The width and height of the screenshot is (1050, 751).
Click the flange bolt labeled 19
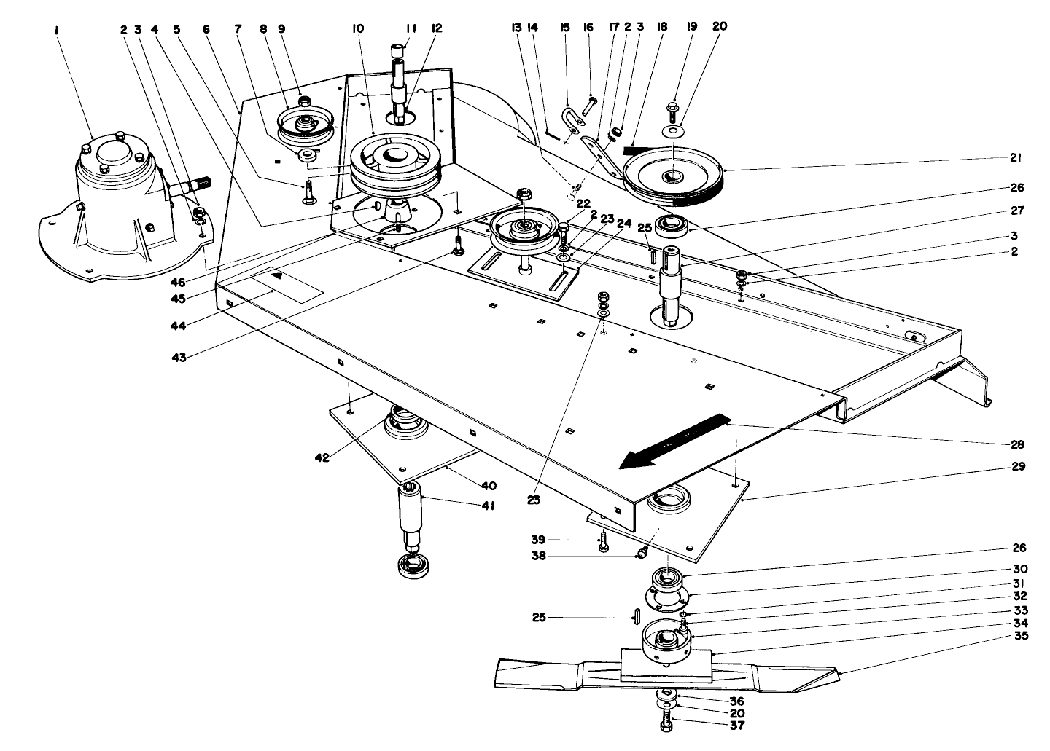(672, 113)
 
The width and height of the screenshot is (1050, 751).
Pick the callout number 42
(322, 457)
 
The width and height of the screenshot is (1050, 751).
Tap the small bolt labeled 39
(604, 543)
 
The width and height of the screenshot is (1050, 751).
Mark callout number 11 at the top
(411, 29)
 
